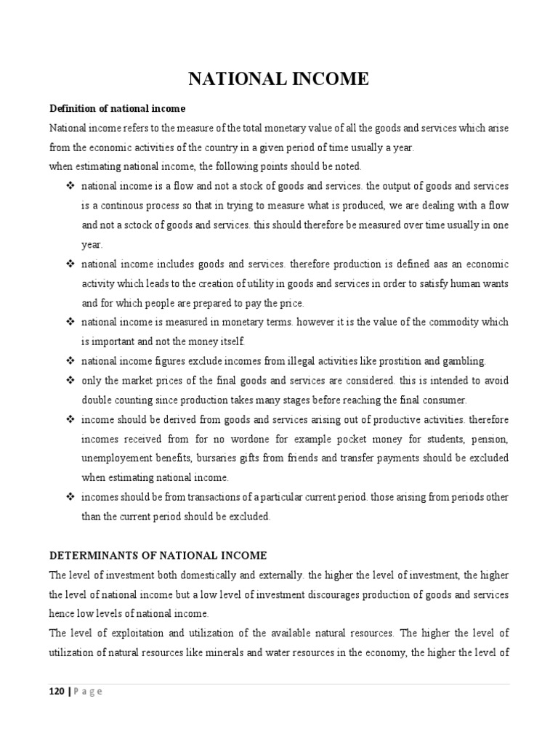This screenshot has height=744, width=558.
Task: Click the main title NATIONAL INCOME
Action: click(x=279, y=79)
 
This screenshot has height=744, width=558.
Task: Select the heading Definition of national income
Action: click(x=117, y=108)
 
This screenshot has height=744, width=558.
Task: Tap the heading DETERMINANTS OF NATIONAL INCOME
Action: click(x=158, y=555)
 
